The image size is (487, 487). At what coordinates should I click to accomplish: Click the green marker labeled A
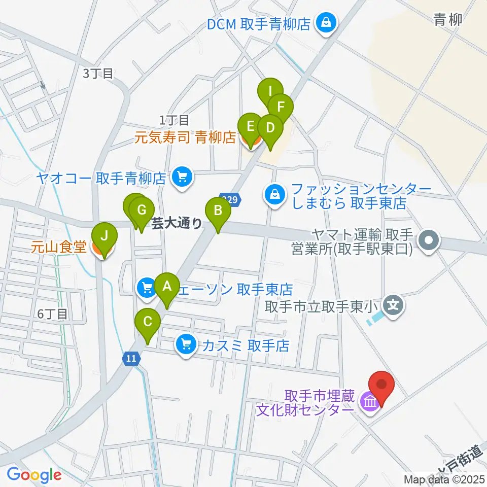coord(167,287)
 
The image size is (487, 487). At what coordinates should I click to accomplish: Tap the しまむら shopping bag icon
coord(274,194)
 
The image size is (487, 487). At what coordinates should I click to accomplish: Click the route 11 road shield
coord(131,359)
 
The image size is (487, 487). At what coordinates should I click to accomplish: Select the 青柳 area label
coord(448,20)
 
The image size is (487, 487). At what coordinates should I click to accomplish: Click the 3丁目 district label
coord(98,74)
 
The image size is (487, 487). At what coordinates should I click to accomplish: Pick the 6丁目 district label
coord(53,314)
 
